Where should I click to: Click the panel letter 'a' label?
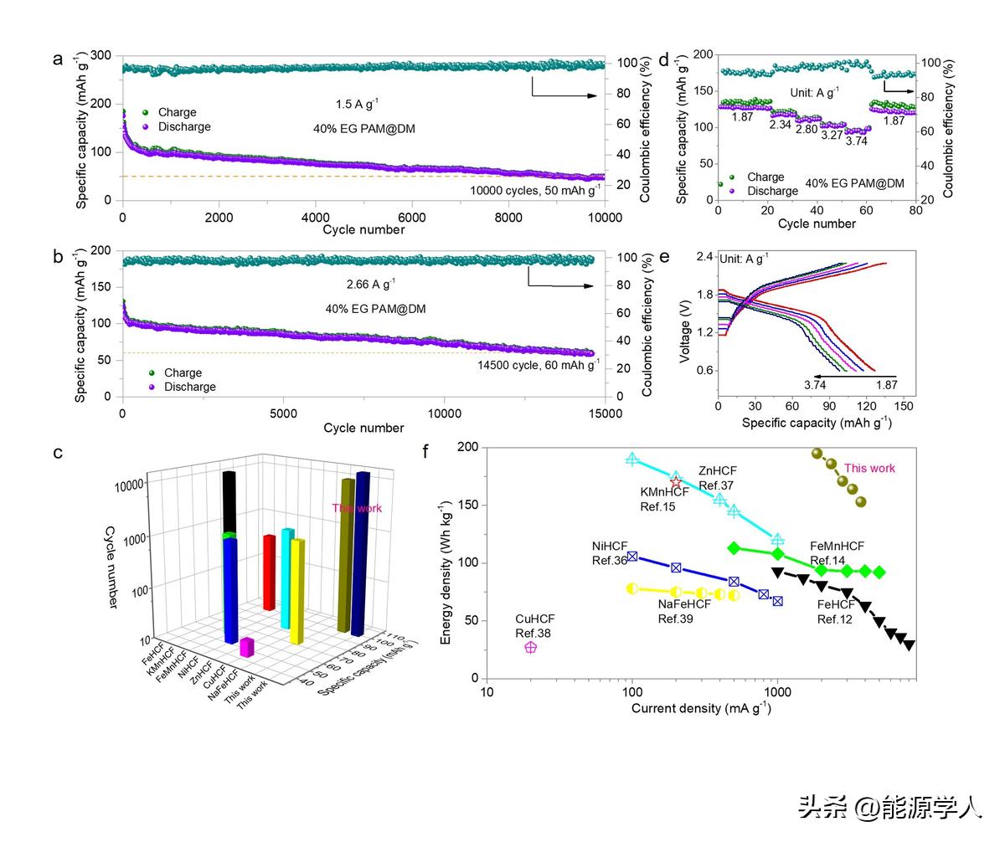tap(58, 59)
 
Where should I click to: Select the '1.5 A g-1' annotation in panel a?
tap(357, 104)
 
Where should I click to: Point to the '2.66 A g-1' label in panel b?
tap(371, 283)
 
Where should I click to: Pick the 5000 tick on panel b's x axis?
tap(284, 413)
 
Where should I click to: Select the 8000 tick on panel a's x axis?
tap(508, 216)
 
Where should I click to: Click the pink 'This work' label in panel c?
tap(357, 508)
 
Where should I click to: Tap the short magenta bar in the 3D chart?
tap(246, 647)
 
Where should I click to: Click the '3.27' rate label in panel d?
tap(832, 134)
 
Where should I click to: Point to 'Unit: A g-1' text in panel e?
tap(744, 258)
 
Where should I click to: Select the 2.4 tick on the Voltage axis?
tap(704, 256)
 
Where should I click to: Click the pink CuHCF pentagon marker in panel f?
tap(530, 647)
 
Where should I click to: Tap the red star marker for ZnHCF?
tap(677, 482)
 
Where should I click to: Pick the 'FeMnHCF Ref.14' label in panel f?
tap(837, 553)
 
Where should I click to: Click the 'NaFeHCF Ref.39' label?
tap(683, 611)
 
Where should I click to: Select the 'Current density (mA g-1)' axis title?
tap(700, 708)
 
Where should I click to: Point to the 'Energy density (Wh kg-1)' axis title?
tap(446, 562)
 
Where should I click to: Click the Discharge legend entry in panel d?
tap(772, 191)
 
